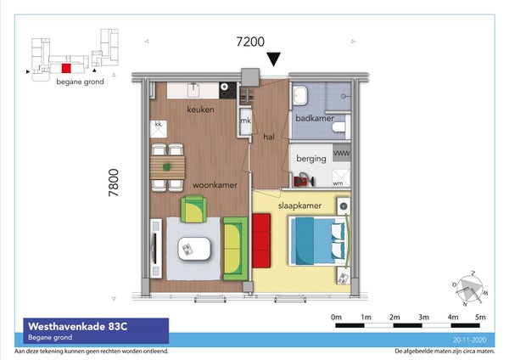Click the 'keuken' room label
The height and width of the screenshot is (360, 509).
click(x=201, y=110)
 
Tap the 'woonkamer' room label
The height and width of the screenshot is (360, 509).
click(x=213, y=184)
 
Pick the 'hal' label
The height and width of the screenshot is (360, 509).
click(x=269, y=135)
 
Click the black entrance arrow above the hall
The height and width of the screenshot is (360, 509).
click(x=274, y=59)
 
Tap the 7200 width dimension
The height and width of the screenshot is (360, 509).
click(x=250, y=41)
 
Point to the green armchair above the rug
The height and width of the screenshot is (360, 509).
click(x=194, y=206)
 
